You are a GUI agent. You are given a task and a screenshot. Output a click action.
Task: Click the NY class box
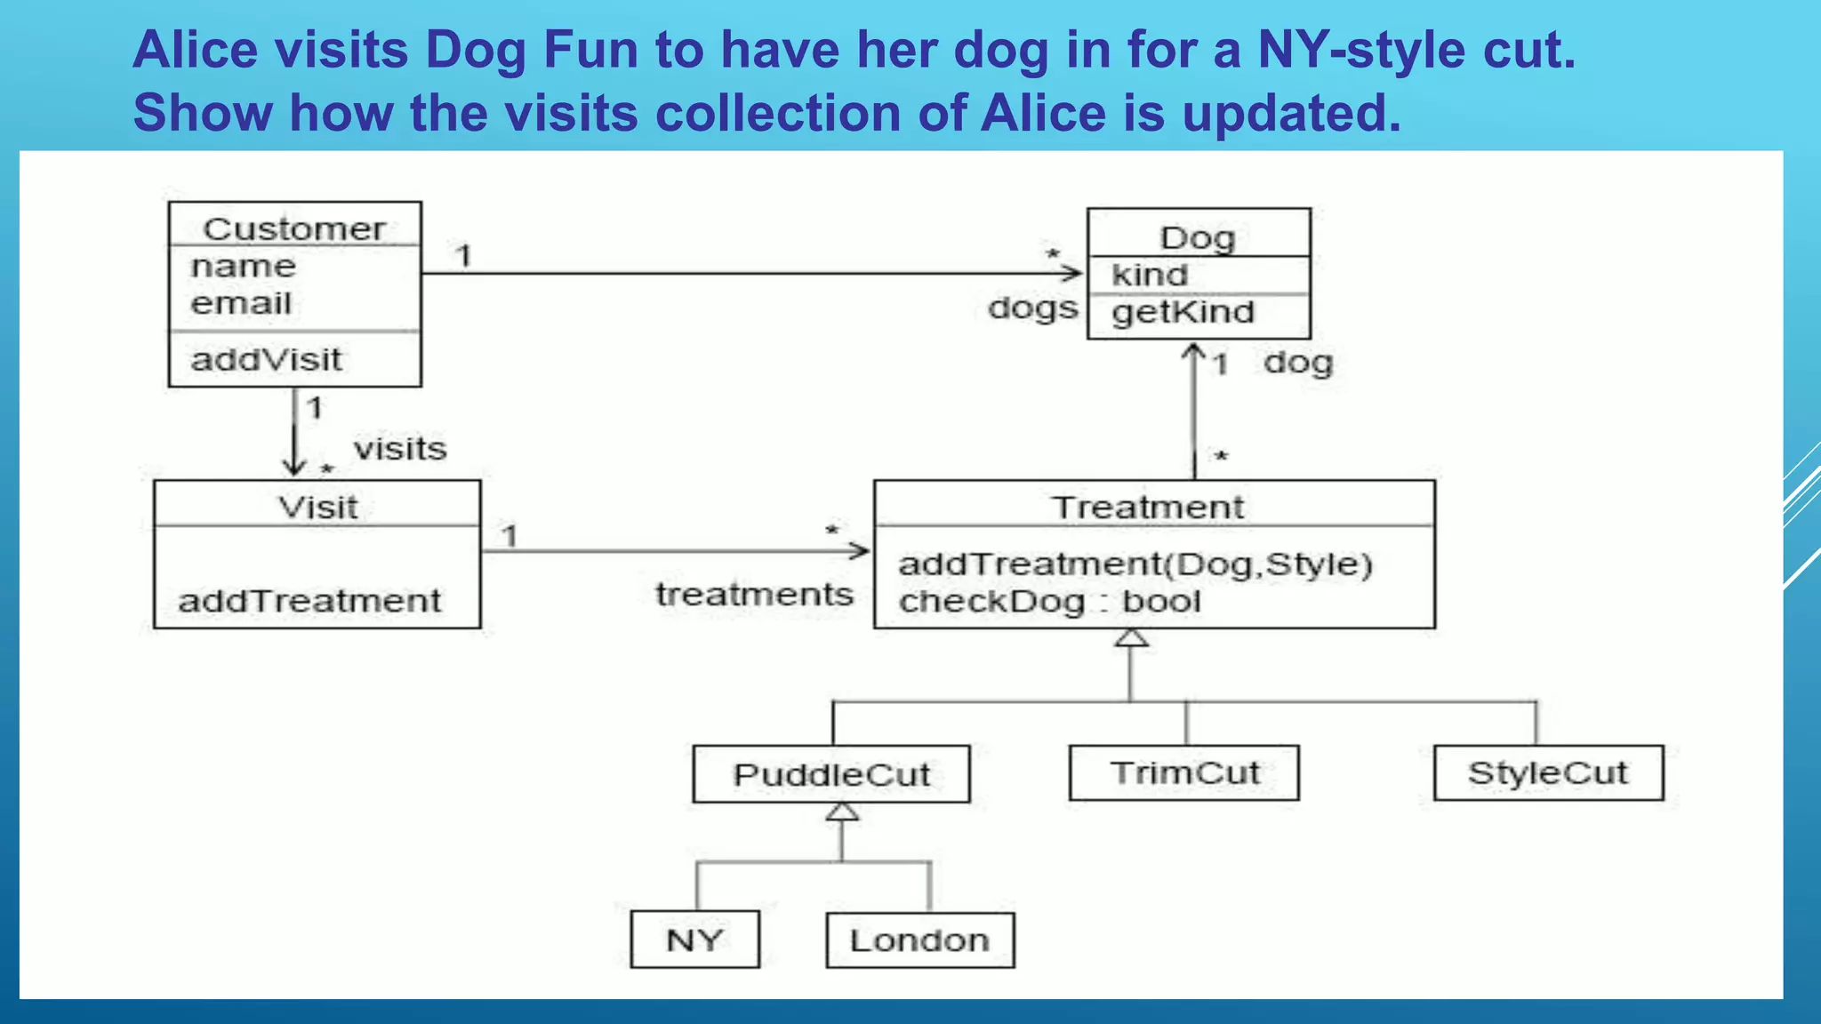tap(694, 940)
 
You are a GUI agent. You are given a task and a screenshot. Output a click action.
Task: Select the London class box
tap(919, 940)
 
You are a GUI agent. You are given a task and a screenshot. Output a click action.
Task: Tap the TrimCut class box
tap(1183, 773)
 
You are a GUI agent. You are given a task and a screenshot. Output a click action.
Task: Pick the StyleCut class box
tap(1548, 773)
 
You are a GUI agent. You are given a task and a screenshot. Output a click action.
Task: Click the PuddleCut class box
tap(830, 774)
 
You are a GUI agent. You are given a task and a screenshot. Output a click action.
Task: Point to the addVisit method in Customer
tap(266, 360)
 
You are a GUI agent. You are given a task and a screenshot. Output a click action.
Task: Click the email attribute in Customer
tap(241, 304)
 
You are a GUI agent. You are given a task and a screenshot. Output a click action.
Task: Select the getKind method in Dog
tap(1183, 313)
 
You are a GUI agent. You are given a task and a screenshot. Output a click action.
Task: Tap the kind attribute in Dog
tap(1149, 276)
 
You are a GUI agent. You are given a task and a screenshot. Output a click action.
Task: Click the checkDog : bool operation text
tap(1049, 602)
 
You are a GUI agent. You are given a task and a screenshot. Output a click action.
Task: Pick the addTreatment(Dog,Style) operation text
tap(1135, 564)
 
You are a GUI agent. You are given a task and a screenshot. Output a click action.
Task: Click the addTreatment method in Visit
tap(309, 602)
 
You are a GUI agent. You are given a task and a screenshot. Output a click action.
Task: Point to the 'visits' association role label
tap(400, 449)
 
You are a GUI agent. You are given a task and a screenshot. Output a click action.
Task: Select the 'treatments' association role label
tap(754, 595)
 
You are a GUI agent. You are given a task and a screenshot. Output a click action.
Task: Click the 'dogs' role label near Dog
tap(1032, 308)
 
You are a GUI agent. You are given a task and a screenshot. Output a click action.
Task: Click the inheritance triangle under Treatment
tap(1131, 638)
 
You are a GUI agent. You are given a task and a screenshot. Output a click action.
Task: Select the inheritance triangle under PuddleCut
tap(841, 812)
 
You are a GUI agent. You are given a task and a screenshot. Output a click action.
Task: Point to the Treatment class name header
tap(1148, 508)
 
